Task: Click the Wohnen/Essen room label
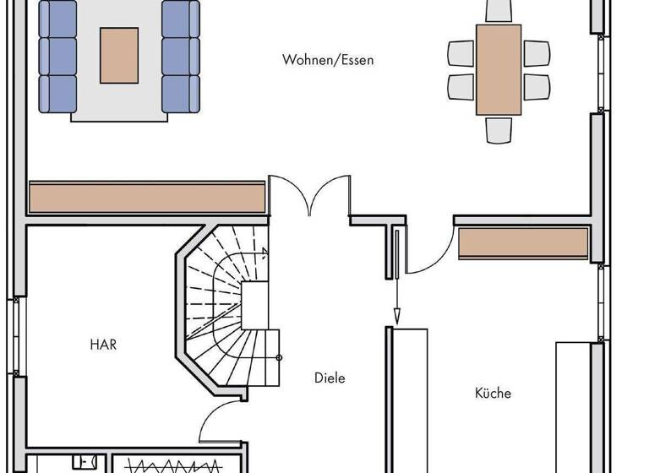[x=328, y=60]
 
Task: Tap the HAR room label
[x=103, y=345]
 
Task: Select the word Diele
[x=330, y=378]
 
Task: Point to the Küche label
[x=493, y=393]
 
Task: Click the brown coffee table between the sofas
[x=119, y=56]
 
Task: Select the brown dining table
[x=499, y=69]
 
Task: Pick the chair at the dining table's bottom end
[x=499, y=128]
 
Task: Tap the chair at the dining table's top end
[x=499, y=10]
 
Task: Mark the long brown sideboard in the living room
[x=147, y=198]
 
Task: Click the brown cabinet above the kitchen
[x=522, y=243]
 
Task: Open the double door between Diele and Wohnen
[x=309, y=198]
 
